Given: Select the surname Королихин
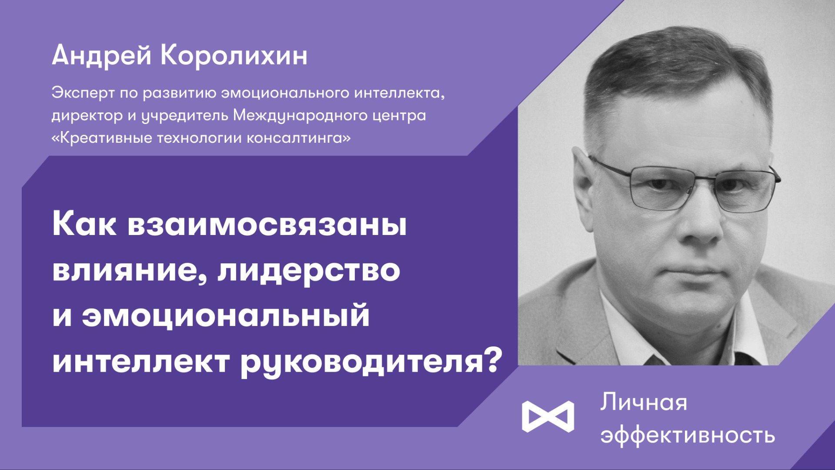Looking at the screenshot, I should point(234,56).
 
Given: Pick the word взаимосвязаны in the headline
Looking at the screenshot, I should point(267,225).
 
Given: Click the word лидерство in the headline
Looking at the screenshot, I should point(309,270).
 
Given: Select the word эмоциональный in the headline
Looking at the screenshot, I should point(226,316).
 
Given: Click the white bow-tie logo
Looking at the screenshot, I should point(548,416).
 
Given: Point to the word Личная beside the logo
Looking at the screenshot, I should point(643,403).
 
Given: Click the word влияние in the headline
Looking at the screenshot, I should point(125,270).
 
